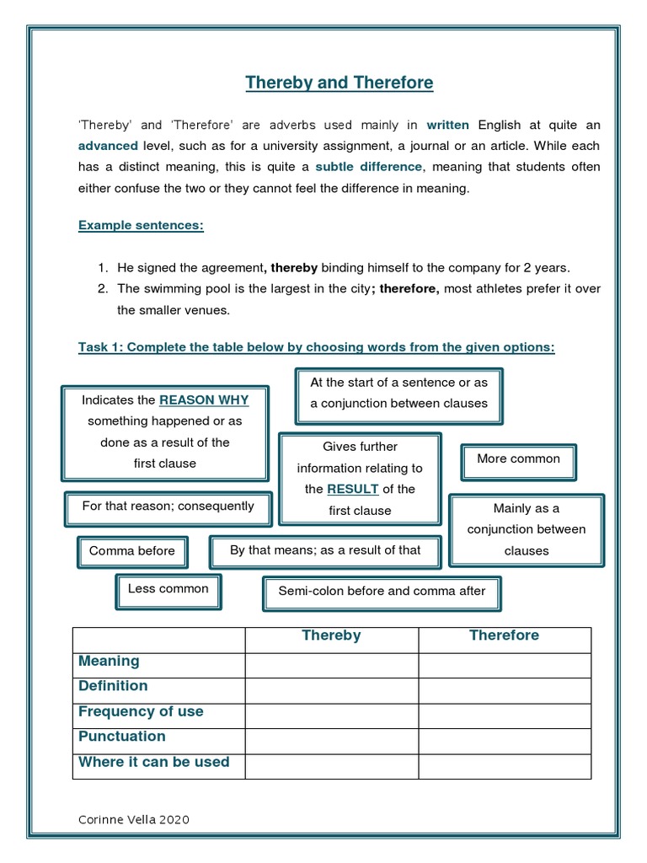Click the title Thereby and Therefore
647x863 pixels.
click(x=340, y=83)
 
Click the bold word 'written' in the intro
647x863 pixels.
click(x=447, y=126)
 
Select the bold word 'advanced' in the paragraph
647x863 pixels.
click(x=108, y=147)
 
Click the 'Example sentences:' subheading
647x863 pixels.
click(x=141, y=226)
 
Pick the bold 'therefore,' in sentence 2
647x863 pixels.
click(x=409, y=289)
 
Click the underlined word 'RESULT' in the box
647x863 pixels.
click(x=352, y=489)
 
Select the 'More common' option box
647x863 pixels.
click(x=518, y=459)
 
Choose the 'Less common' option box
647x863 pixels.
click(x=168, y=589)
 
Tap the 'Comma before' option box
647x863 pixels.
click(x=132, y=551)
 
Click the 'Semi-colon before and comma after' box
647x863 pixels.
click(x=382, y=592)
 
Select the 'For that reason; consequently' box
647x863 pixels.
click(x=168, y=507)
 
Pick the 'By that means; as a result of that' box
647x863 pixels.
click(x=325, y=550)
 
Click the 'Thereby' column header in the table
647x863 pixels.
click(x=331, y=635)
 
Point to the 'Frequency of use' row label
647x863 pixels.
click(x=141, y=712)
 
